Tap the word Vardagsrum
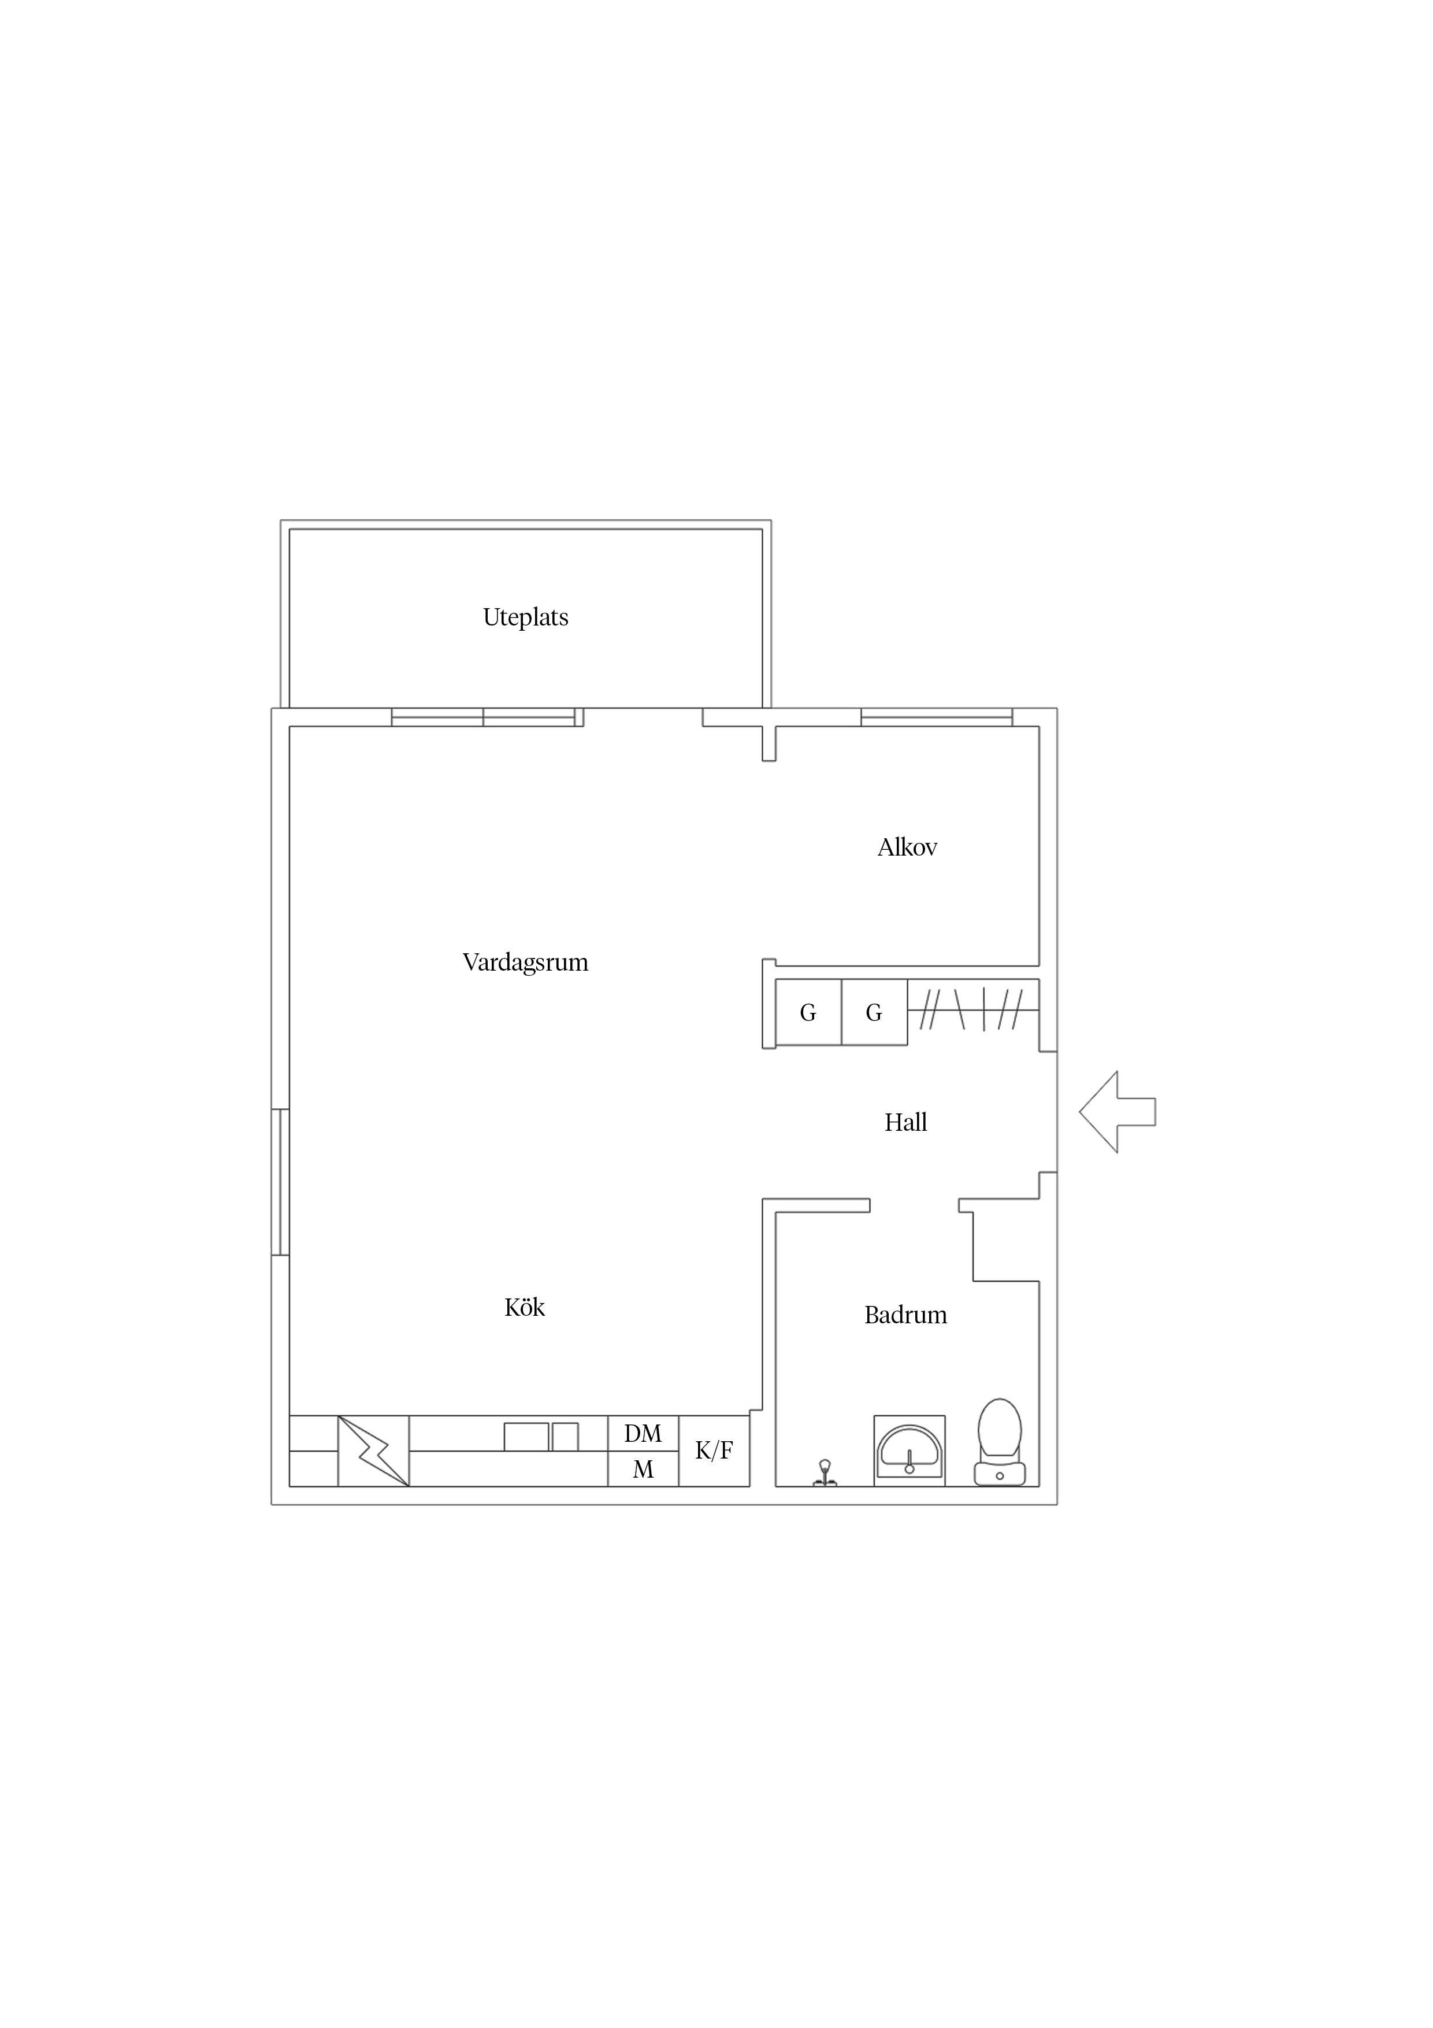tap(525, 962)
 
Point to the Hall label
tap(906, 1123)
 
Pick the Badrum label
tap(906, 1315)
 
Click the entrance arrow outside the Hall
tap(1117, 1112)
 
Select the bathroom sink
tap(909, 1451)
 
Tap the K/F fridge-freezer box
tap(714, 1451)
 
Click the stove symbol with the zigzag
tap(373, 1451)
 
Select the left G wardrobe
tap(808, 1012)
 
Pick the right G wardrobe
tap(874, 1012)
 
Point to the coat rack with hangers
tap(973, 1009)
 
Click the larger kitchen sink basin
tap(526, 1437)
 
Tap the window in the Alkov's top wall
tap(937, 717)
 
